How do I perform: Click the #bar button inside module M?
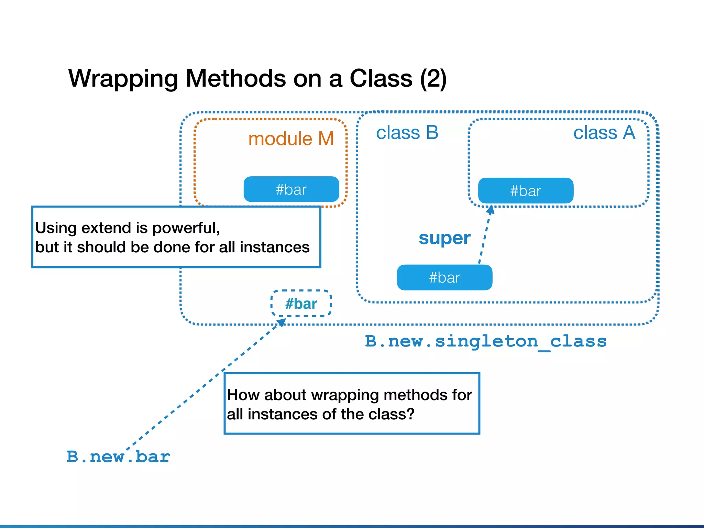pyautogui.click(x=291, y=189)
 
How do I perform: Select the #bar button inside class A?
pyautogui.click(x=526, y=191)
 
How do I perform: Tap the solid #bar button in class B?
pyautogui.click(x=444, y=277)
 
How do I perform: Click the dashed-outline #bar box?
pyautogui.click(x=301, y=304)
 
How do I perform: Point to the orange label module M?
pyautogui.click(x=291, y=139)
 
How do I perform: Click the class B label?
pyautogui.click(x=407, y=133)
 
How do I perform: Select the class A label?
pyautogui.click(x=604, y=133)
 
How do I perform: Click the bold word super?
pyautogui.click(x=444, y=238)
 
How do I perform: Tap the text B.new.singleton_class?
pyautogui.click(x=485, y=341)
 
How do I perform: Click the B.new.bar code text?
pyautogui.click(x=118, y=457)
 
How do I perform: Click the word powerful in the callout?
pyautogui.click(x=186, y=228)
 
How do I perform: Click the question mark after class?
pyautogui.click(x=410, y=414)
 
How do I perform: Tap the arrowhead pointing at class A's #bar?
pyautogui.click(x=491, y=209)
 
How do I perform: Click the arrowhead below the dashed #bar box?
pyautogui.click(x=282, y=322)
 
